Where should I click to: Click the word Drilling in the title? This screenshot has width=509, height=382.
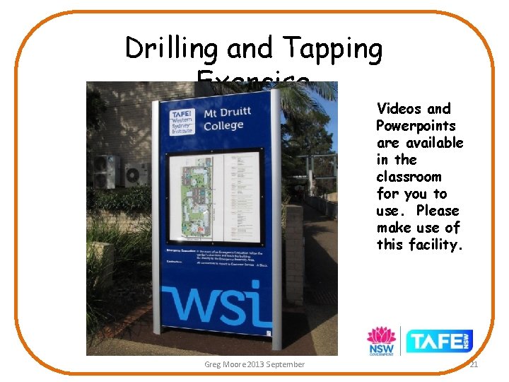172,49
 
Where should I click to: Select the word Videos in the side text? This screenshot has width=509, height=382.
400,109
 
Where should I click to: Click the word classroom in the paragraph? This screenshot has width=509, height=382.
409,177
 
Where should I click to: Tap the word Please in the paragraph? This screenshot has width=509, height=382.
438,211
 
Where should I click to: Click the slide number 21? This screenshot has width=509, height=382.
474,364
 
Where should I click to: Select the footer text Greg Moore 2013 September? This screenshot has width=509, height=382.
255,364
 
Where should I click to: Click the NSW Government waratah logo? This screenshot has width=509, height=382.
380,340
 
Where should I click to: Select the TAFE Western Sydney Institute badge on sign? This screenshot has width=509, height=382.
183,122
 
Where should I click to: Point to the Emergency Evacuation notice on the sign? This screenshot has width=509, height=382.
212,255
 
